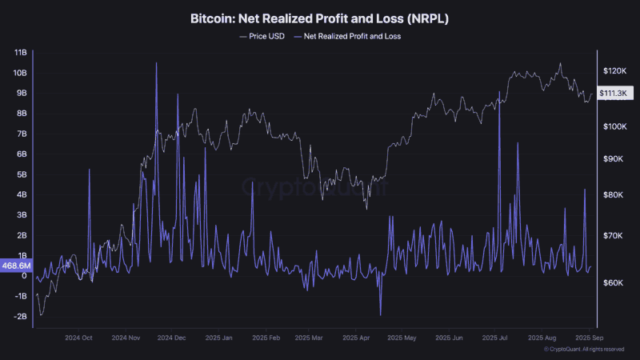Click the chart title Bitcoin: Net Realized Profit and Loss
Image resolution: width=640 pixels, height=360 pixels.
pos(320,17)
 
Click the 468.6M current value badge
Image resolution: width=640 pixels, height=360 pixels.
pos(18,266)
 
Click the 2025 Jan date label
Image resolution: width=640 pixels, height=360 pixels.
pos(218,338)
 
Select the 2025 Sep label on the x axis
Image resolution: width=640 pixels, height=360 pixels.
pos(590,338)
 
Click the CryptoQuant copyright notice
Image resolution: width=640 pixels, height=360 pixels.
pos(583,350)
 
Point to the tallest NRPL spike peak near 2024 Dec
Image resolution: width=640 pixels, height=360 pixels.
pos(156,62)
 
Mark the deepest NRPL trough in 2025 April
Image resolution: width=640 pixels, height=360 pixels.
pos(381,315)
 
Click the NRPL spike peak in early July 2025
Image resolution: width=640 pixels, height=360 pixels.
pos(498,91)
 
